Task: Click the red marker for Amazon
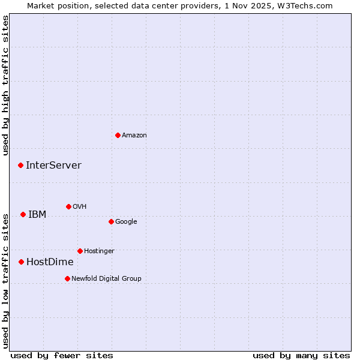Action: pos(118,135)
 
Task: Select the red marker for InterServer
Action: pos(20,165)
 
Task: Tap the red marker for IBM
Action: pos(23,214)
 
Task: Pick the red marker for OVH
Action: pos(68,206)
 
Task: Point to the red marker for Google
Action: pos(111,221)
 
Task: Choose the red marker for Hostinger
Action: pos(80,251)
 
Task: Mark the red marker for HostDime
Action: pos(21,262)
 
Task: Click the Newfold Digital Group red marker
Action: pos(67,278)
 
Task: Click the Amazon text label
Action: pos(134,136)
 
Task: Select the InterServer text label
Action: pos(53,166)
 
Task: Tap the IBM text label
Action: pos(37,215)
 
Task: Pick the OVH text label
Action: pos(80,207)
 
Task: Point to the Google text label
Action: pos(126,222)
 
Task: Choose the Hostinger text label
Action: pos(99,251)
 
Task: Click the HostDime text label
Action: pos(50,262)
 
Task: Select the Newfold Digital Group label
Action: pos(106,279)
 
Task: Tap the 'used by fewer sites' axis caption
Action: pos(62,355)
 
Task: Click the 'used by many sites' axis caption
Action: pos(301,355)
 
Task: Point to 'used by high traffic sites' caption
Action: pos(6,85)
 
